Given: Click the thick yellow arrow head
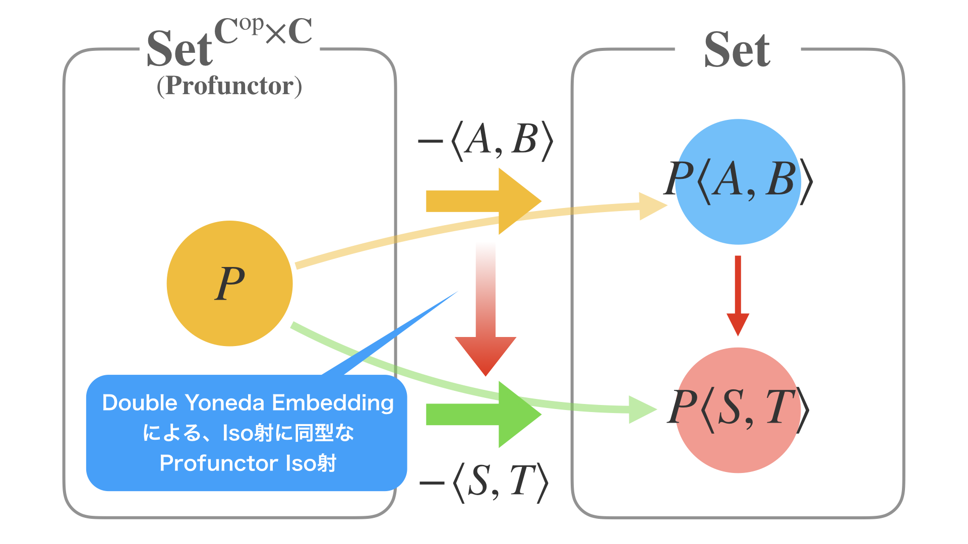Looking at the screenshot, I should (519, 201).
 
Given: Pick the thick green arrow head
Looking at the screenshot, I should (519, 414).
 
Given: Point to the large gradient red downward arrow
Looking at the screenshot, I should (486, 322).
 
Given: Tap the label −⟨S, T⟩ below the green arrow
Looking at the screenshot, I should (484, 482).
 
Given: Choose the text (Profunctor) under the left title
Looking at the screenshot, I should (229, 86).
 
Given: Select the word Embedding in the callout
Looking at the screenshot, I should (333, 403).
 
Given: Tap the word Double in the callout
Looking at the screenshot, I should (140, 403).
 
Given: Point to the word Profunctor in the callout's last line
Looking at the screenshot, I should (218, 463).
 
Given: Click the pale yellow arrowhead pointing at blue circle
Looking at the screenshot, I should (652, 206).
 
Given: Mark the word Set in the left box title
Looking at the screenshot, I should (179, 49).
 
